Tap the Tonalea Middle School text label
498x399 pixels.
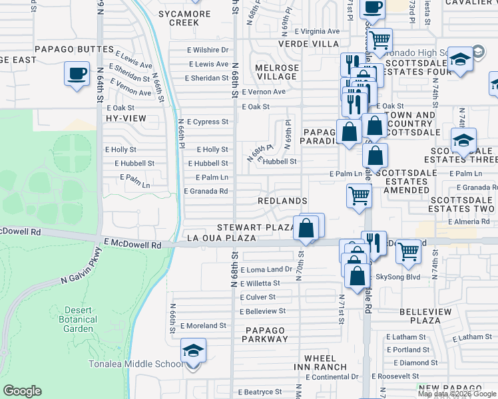pos(136,364)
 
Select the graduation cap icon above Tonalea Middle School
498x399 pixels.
pos(193,350)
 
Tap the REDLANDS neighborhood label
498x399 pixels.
pos(283,201)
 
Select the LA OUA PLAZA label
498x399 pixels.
pos(222,237)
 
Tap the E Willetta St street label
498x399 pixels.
pos(258,283)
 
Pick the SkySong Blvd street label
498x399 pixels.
pos(398,277)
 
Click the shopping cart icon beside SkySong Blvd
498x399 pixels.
pos(409,251)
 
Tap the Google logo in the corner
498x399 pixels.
pos(22,391)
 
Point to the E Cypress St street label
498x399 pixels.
pos(208,122)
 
